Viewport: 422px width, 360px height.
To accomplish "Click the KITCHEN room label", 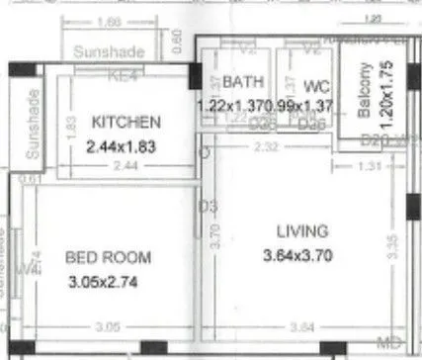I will click(126, 122).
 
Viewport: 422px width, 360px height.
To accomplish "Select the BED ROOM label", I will click(108, 258).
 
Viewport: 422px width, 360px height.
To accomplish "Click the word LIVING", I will click(301, 231).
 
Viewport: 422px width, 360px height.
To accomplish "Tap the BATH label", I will click(240, 81).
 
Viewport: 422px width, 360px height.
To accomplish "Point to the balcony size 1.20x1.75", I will click(386, 91).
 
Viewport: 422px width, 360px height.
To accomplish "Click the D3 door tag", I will click(205, 206).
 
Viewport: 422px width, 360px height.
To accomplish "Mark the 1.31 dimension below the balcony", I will click(368, 166).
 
